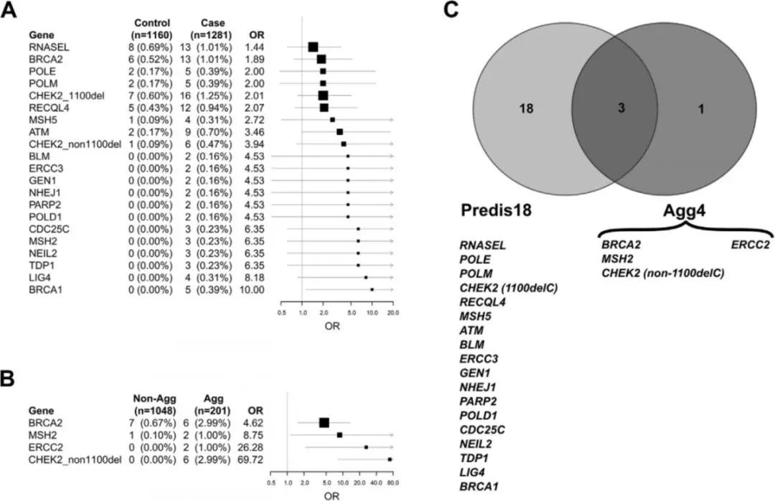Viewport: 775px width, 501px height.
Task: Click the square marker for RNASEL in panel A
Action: pyautogui.click(x=313, y=47)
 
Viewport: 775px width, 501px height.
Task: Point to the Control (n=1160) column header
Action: pyautogui.click(x=152, y=28)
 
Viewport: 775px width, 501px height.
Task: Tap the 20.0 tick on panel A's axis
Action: pyautogui.click(x=393, y=313)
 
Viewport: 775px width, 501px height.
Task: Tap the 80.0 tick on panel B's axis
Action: pyautogui.click(x=393, y=482)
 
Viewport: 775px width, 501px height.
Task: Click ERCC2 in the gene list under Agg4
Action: pyautogui.click(x=751, y=244)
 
